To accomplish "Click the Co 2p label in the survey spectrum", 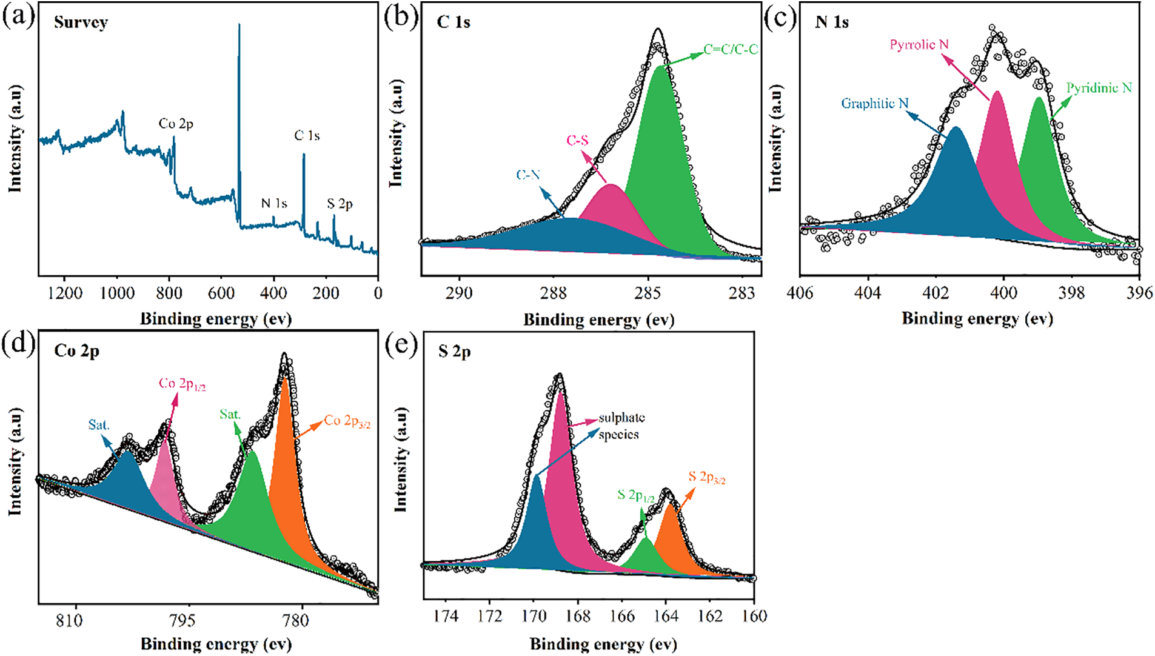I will [176, 124].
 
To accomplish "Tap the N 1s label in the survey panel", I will [274, 203].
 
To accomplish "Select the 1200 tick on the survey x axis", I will [65, 293].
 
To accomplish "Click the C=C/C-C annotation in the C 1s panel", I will [731, 50].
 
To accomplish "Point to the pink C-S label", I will [577, 141].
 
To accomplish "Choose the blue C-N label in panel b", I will [528, 175].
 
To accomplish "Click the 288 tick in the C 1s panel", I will [553, 293].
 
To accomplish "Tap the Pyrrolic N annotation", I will [919, 45].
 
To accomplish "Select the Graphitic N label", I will [874, 104].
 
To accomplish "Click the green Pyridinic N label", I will [1099, 88].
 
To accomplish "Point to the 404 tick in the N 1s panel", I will [868, 293].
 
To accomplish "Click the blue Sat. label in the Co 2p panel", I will [99, 425].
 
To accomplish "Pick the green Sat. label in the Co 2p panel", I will [230, 415].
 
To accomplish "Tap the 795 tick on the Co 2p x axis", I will [182, 621].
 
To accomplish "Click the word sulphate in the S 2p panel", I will [621, 418].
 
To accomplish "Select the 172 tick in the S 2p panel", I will [490, 616].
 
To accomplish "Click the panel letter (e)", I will [401, 347].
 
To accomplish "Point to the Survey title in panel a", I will [81, 22].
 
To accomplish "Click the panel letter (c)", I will [780, 18].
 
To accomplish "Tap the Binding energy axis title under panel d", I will [216, 643].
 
